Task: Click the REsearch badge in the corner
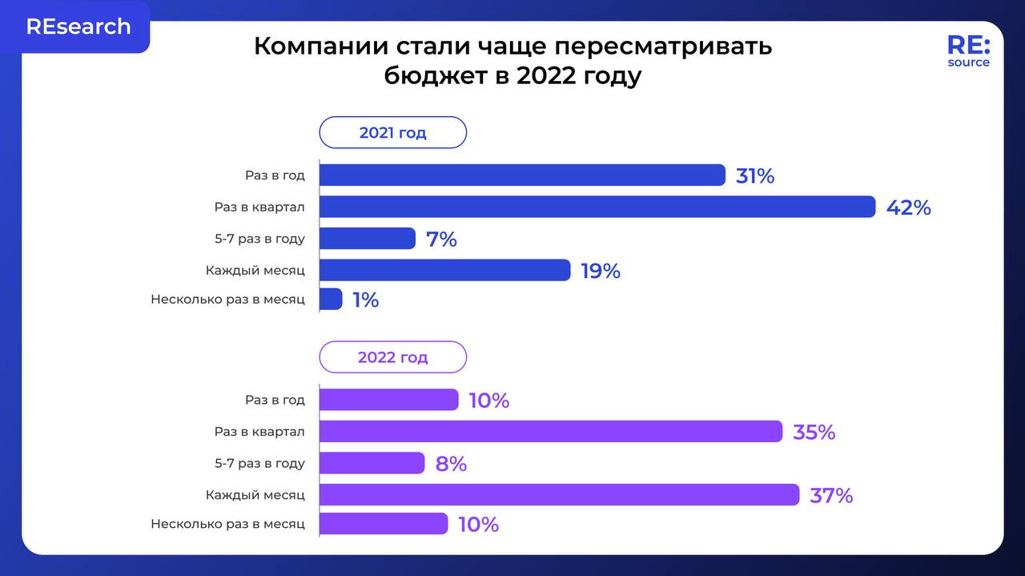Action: point(78,26)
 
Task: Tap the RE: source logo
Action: point(968,51)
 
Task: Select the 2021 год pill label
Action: point(392,133)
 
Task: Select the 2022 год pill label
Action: point(392,357)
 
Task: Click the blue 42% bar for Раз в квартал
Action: point(597,207)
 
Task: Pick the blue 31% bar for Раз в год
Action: point(522,175)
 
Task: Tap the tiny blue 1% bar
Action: point(332,300)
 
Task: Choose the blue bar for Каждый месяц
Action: point(444,271)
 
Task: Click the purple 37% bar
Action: point(559,495)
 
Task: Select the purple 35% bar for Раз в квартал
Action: point(551,432)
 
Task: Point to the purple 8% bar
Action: point(372,463)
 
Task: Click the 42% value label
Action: point(908,208)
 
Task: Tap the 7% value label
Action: point(441,240)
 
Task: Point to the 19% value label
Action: point(601,272)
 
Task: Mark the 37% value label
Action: point(831,496)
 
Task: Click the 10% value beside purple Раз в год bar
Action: point(488,401)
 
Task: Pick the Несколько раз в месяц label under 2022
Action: point(227,524)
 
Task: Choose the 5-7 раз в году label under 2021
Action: point(259,239)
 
